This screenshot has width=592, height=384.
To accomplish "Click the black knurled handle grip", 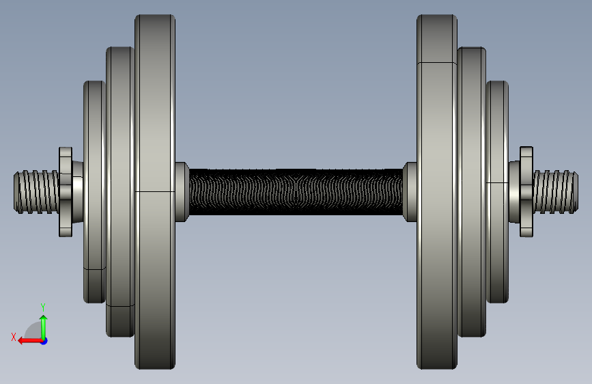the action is [x=296, y=192].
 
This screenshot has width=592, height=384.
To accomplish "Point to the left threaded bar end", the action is [x=36, y=192].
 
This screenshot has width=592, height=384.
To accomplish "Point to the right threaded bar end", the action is [x=555, y=192].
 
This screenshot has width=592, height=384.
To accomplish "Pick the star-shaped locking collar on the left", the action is [x=66, y=192].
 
